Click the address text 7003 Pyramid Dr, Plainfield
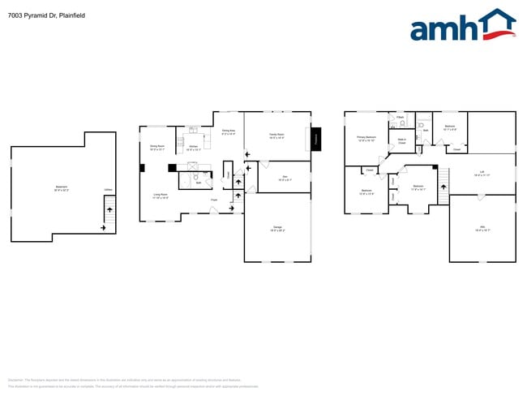click(x=45, y=15)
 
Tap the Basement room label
click(x=62, y=188)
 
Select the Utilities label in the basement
click(x=108, y=191)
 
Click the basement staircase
click(x=108, y=216)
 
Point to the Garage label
click(x=277, y=227)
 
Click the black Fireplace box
click(x=316, y=139)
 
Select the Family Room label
click(x=276, y=136)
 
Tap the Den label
click(x=285, y=178)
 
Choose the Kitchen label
click(x=194, y=148)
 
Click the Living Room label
click(x=161, y=196)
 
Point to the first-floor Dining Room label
click(x=157, y=147)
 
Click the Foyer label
click(x=214, y=200)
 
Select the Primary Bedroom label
click(x=366, y=139)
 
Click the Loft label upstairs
click(x=482, y=173)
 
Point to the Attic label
click(x=482, y=228)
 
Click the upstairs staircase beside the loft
click(x=443, y=186)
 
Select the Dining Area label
click(x=229, y=131)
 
